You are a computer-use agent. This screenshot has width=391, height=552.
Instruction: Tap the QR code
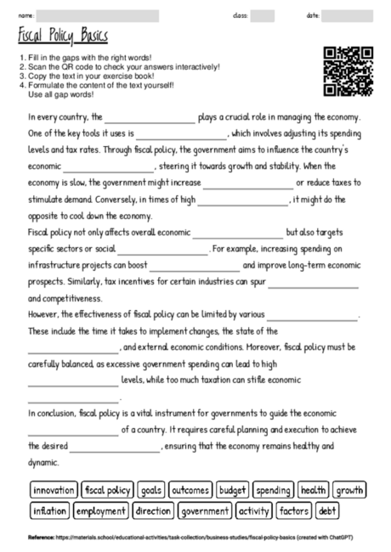[348, 70]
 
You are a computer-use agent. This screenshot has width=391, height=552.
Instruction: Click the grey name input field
[98, 16]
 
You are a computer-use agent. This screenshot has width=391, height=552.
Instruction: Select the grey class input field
[263, 16]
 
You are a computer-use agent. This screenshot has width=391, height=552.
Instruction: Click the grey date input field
[346, 16]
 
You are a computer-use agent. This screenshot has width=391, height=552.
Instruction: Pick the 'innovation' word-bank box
[54, 490]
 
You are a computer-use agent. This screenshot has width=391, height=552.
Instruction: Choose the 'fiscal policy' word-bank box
[107, 490]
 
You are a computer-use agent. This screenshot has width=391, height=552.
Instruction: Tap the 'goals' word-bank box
[151, 490]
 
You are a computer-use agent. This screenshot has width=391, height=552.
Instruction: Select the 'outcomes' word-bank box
[190, 490]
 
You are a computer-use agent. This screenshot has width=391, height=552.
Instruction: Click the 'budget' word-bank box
[232, 490]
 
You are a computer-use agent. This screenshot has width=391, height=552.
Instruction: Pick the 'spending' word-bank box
[273, 490]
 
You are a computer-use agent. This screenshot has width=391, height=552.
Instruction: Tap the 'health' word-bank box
[313, 490]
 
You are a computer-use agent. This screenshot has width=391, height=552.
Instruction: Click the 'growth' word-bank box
[348, 490]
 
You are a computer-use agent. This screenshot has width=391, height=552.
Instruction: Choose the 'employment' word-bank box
[100, 511]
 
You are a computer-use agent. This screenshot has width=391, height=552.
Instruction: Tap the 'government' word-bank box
[205, 511]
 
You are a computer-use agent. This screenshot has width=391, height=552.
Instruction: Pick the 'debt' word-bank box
[327, 511]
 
